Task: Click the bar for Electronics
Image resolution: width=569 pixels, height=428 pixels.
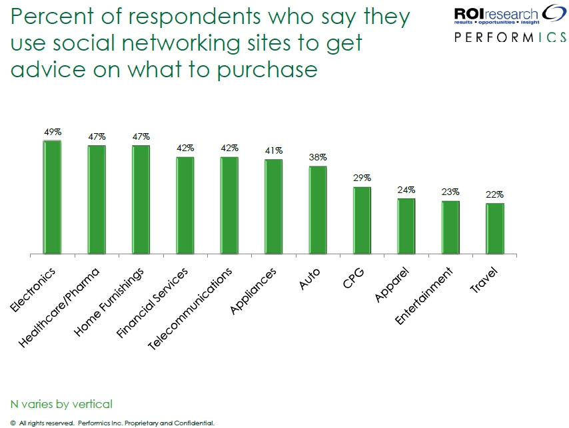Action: click(52, 198)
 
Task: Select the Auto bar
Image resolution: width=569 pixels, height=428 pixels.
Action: click(318, 210)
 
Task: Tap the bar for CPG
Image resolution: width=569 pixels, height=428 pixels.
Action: click(362, 220)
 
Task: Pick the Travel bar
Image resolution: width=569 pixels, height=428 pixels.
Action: click(494, 228)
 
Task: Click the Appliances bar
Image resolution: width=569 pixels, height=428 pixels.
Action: click(273, 207)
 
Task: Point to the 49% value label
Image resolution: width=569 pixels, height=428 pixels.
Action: click(53, 132)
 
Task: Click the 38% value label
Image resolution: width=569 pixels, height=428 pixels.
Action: click(318, 158)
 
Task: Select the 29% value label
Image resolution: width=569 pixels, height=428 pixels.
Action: click(362, 178)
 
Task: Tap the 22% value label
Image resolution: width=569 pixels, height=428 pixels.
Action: click(495, 194)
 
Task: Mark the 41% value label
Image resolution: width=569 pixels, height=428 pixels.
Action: click(274, 150)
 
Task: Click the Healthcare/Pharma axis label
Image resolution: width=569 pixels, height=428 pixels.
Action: click(60, 307)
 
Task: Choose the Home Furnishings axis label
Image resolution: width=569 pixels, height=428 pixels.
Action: click(109, 303)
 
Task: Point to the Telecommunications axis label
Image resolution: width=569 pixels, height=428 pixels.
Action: click(190, 309)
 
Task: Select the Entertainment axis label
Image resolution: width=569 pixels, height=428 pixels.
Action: click(424, 296)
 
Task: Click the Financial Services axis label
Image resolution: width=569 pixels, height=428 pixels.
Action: click(152, 302)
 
